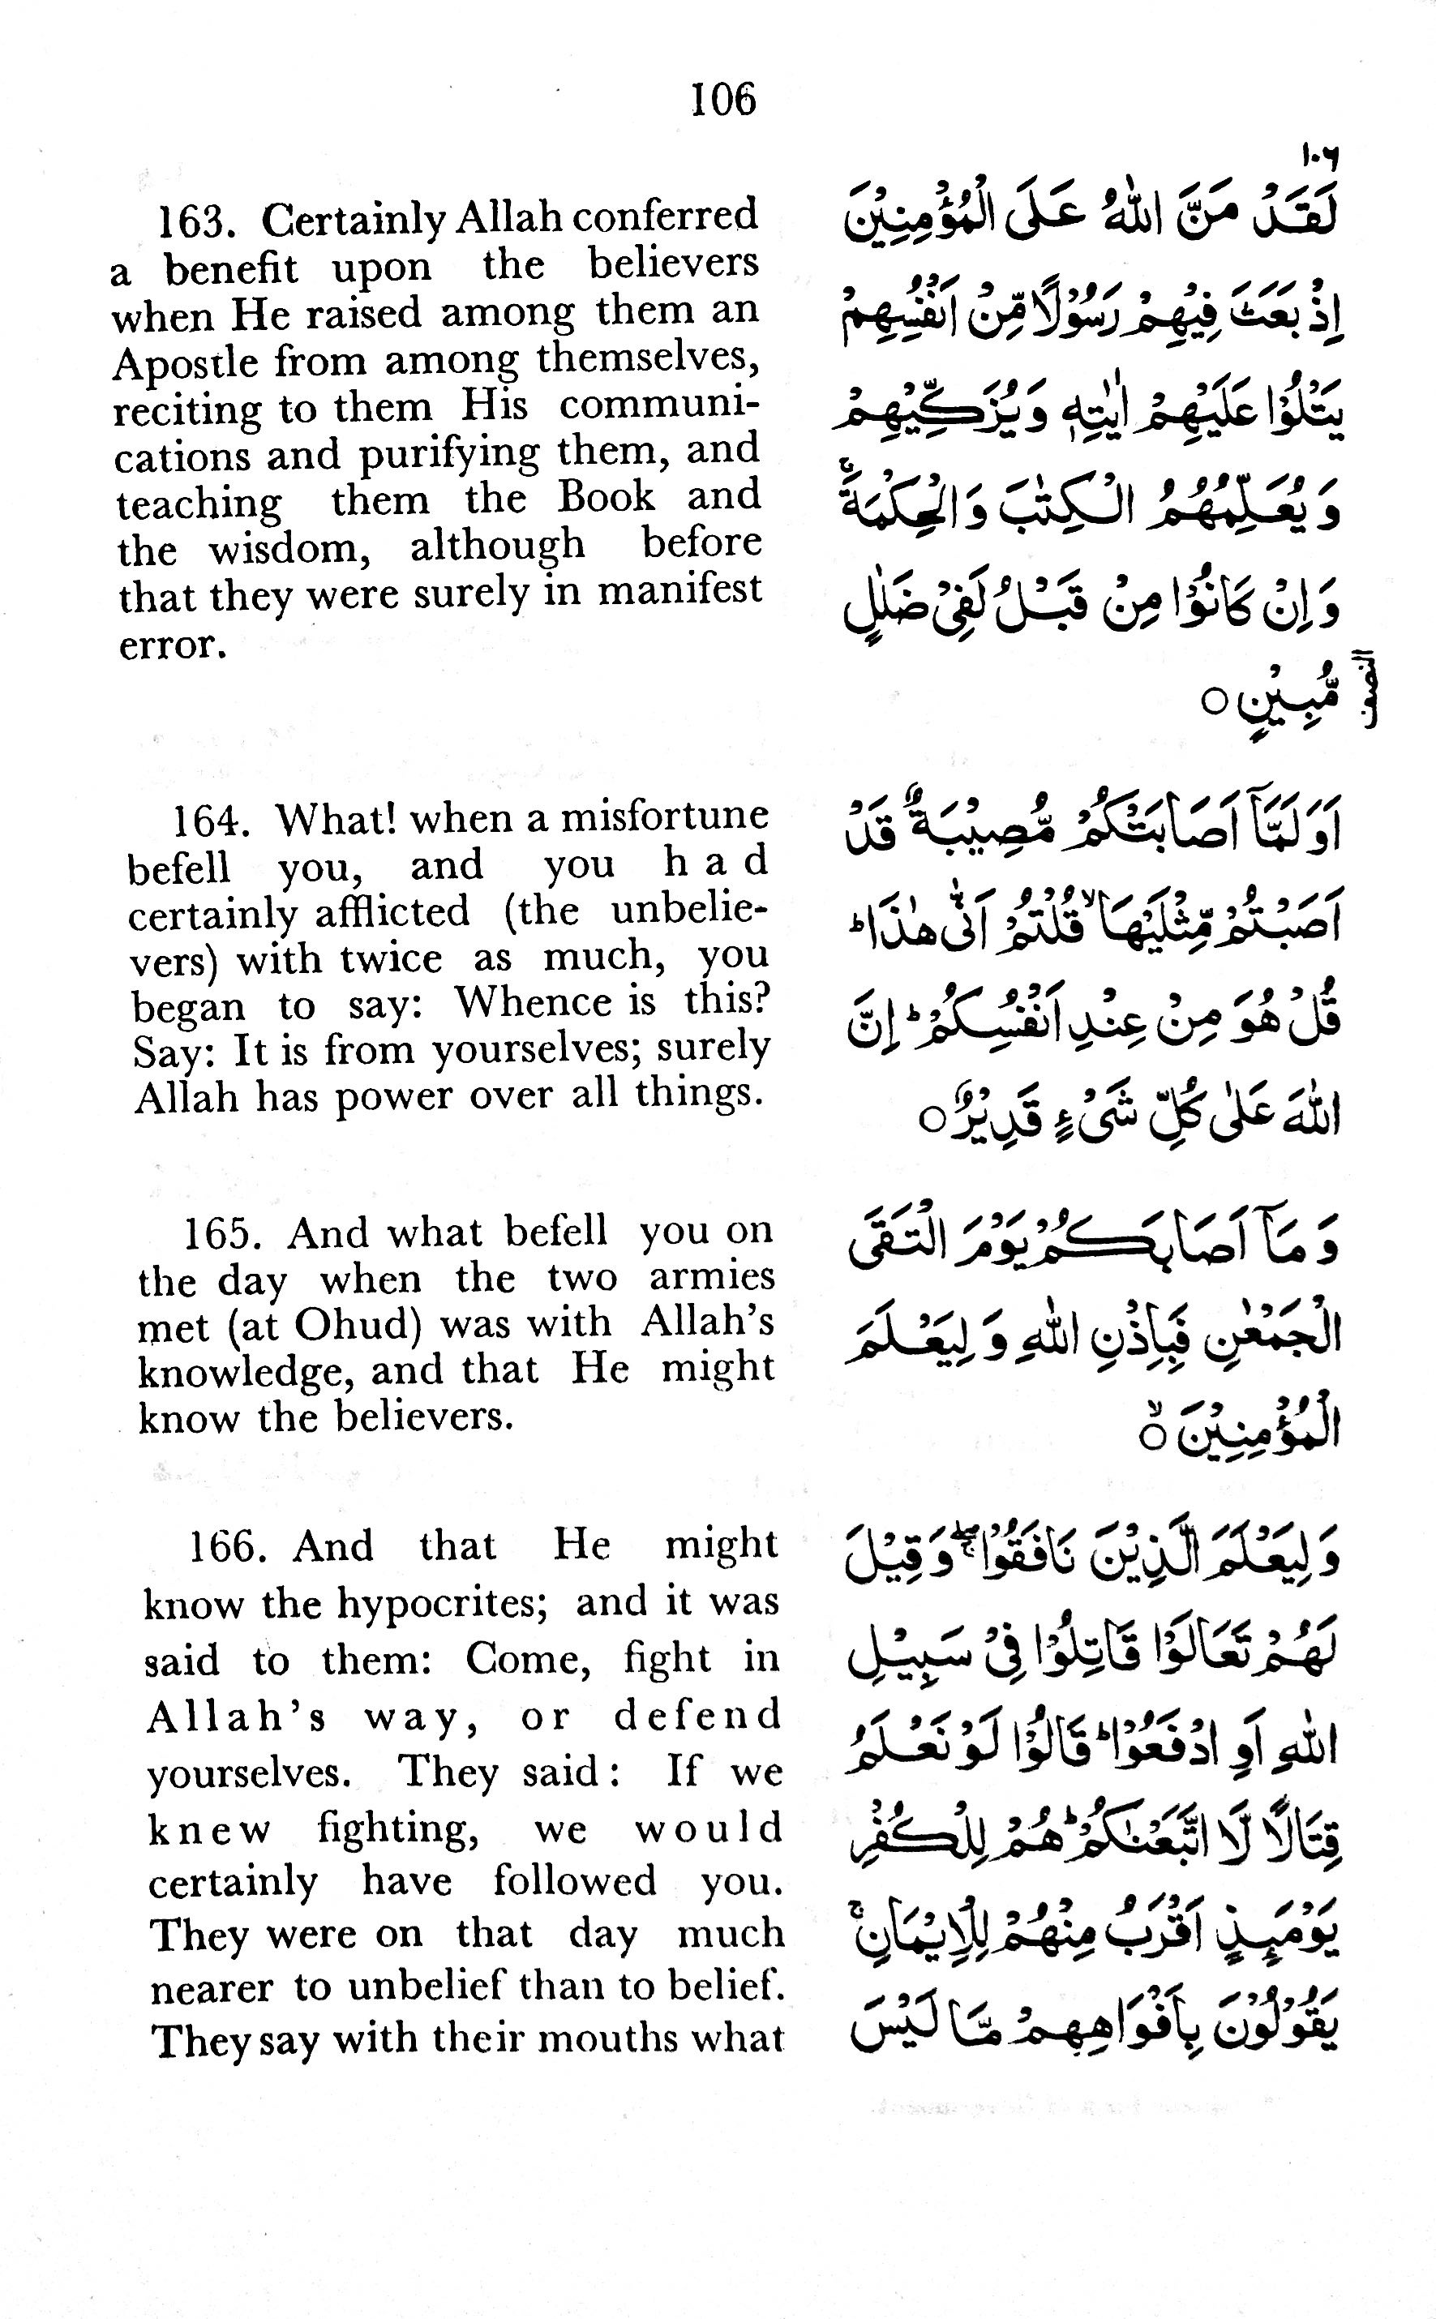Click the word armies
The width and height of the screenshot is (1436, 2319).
711,1278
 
